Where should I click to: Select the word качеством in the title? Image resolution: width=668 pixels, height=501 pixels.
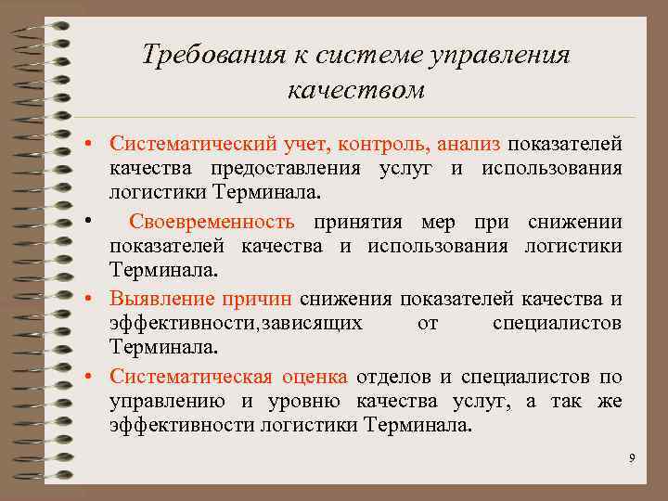click(x=356, y=90)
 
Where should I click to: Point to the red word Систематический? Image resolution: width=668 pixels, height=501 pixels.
click(x=188, y=144)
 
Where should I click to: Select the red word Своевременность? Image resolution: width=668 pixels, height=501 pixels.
click(x=212, y=222)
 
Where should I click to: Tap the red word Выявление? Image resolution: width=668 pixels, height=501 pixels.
click(x=162, y=299)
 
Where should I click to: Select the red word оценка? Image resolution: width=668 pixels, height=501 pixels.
click(x=312, y=377)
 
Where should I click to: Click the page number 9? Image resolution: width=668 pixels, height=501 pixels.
click(x=631, y=457)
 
